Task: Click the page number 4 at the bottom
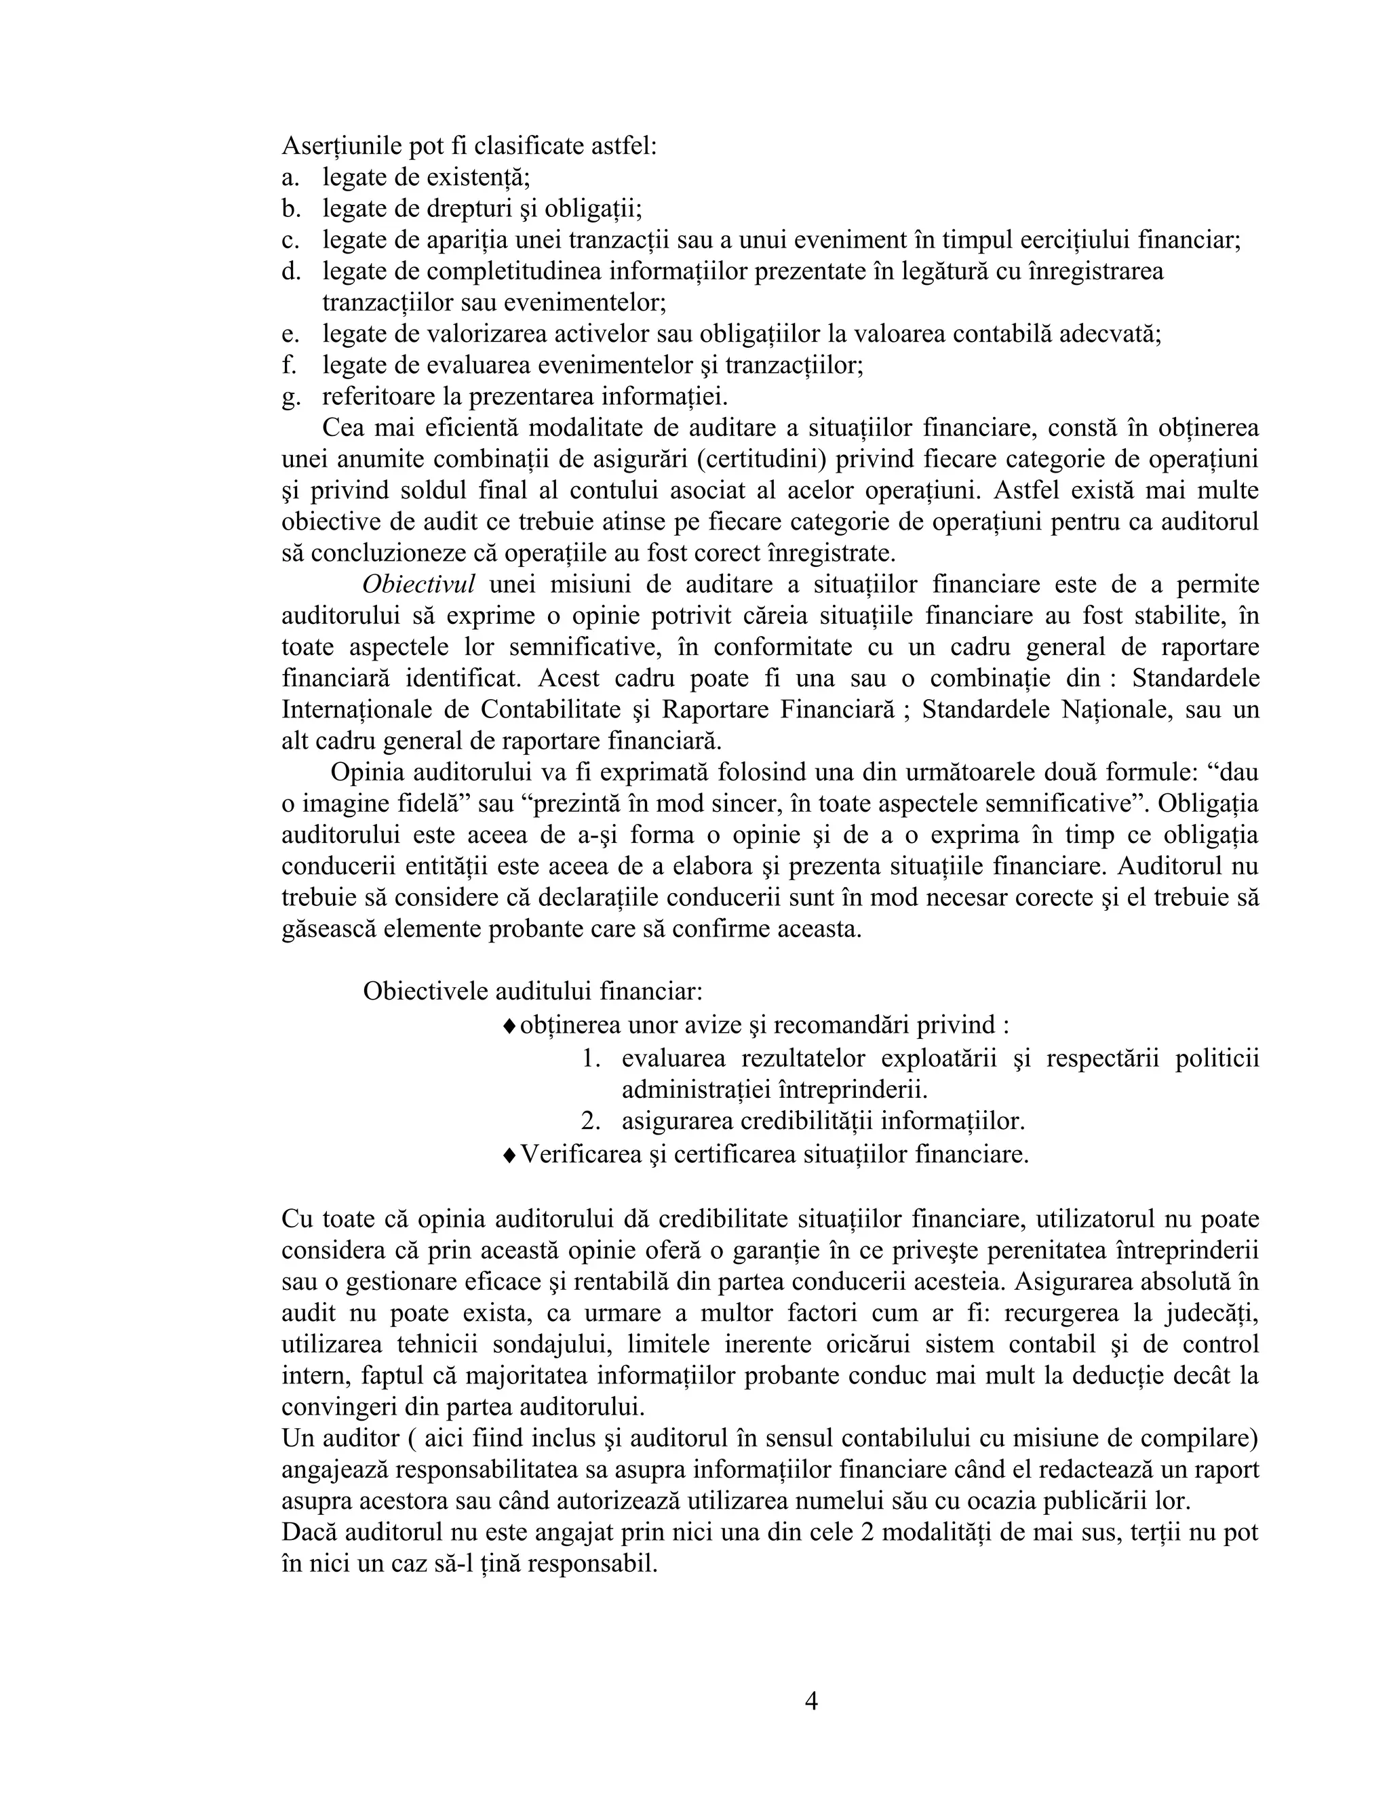click(x=810, y=1701)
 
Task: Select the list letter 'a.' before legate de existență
click(x=290, y=177)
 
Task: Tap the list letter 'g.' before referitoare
click(x=290, y=397)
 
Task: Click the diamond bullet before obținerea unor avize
click(x=509, y=1025)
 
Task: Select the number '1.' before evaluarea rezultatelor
click(x=591, y=1058)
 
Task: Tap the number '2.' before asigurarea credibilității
click(x=591, y=1122)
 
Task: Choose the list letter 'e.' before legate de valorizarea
click(x=290, y=334)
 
